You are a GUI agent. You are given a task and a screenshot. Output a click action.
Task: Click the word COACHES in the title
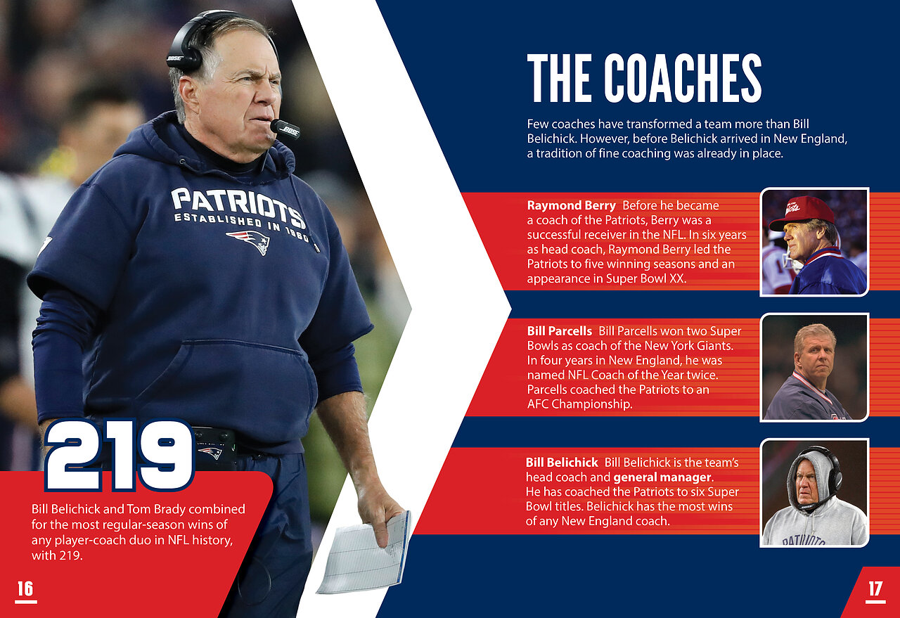(x=683, y=78)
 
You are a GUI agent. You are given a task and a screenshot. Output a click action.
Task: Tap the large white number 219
(x=120, y=455)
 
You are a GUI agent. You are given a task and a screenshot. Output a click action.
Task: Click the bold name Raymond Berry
(x=571, y=205)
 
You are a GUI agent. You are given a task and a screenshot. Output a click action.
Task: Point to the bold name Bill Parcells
(x=559, y=331)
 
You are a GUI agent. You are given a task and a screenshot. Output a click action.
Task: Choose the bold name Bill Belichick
(x=562, y=463)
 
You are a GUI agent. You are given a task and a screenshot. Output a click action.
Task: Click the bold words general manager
(x=662, y=477)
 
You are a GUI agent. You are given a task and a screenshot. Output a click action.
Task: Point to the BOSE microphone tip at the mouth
(x=285, y=129)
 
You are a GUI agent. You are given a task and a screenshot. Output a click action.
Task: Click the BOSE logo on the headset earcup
(x=175, y=58)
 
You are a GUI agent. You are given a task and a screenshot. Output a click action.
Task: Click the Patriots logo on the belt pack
(x=210, y=453)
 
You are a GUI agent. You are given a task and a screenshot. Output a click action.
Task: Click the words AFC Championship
(x=579, y=404)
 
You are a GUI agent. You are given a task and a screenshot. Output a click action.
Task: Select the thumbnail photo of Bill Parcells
(x=814, y=367)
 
